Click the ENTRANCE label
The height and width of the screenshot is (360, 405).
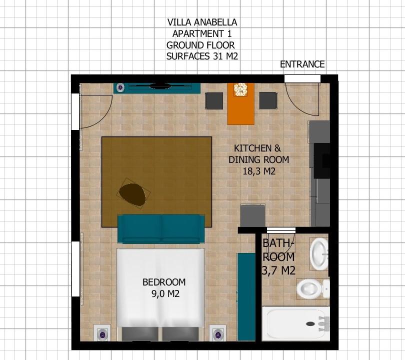[302, 64]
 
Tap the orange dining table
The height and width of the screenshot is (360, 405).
[240, 104]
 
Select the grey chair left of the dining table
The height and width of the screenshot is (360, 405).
[214, 100]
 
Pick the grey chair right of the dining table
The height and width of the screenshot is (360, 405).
[268, 100]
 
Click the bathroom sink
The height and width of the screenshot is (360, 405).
[319, 254]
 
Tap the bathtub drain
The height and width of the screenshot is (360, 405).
[310, 323]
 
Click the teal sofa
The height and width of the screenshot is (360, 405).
[161, 229]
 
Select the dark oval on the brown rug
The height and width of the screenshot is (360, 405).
[132, 194]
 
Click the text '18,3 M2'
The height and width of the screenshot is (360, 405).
[259, 171]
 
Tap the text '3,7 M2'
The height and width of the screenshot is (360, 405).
[278, 270]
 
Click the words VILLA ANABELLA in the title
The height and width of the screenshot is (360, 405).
[202, 22]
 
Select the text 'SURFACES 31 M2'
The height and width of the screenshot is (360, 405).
[202, 56]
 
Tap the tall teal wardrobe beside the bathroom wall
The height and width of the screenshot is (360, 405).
[246, 297]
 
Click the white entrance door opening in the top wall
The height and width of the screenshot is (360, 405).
[302, 79]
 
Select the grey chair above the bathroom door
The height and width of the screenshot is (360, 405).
[253, 215]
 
